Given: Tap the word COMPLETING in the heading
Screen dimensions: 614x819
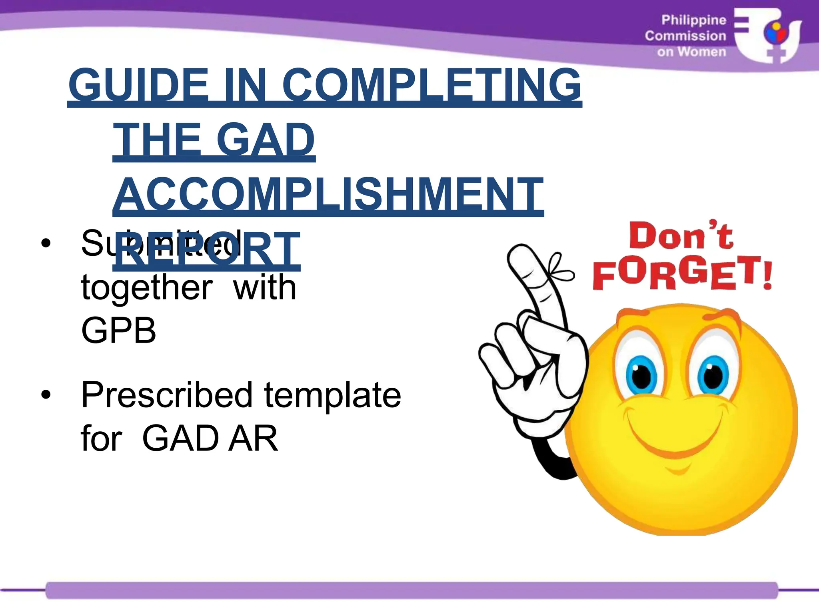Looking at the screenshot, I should coord(432,85).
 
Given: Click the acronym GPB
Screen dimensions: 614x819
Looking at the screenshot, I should coord(118,331).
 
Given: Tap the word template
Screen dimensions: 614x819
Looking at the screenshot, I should coord(332,395).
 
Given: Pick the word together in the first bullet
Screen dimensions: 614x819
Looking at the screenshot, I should coord(147,287).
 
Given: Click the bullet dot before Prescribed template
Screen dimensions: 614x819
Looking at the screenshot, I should coord(46,395).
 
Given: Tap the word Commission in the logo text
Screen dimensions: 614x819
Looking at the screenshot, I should coord(685,36).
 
